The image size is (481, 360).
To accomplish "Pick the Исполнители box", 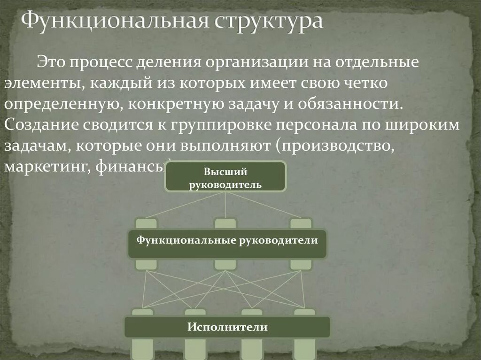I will click(227, 327).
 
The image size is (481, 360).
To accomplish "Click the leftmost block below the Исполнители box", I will click(141, 350).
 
